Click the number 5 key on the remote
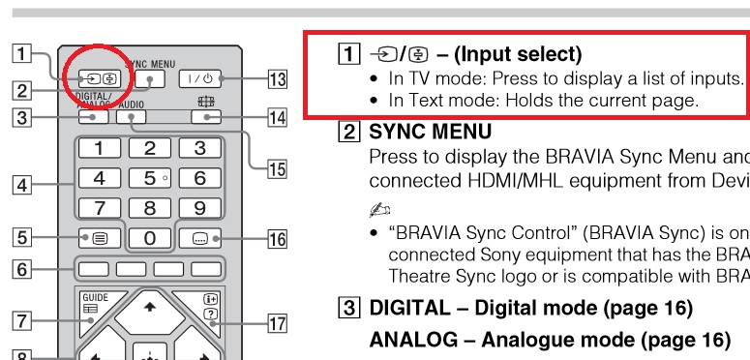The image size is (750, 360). point(149,178)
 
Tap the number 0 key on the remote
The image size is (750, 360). point(149,237)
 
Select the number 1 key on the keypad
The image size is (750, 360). point(99,148)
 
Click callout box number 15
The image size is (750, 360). point(277,169)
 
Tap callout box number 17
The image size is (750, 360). point(277,324)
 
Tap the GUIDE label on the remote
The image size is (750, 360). point(94,297)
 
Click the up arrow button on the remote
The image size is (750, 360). point(149,308)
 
